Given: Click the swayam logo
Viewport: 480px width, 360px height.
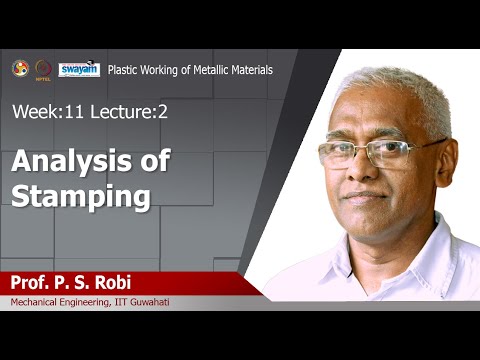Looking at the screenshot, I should click(x=79, y=69).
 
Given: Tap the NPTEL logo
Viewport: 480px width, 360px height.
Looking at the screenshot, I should click(x=43, y=69).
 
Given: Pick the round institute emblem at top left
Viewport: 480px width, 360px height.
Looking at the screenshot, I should click(x=20, y=68).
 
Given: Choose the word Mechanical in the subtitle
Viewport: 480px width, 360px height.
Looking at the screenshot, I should click(x=36, y=302).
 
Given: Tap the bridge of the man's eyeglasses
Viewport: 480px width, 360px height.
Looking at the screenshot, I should click(x=362, y=151).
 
